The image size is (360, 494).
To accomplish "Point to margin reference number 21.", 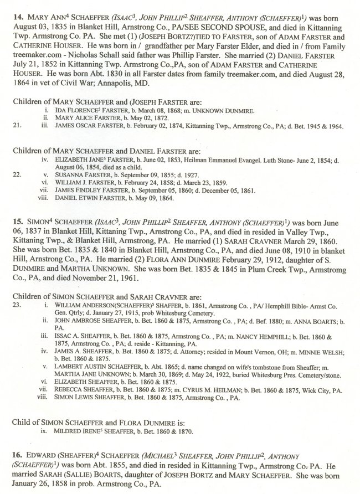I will [x=16, y=126].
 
